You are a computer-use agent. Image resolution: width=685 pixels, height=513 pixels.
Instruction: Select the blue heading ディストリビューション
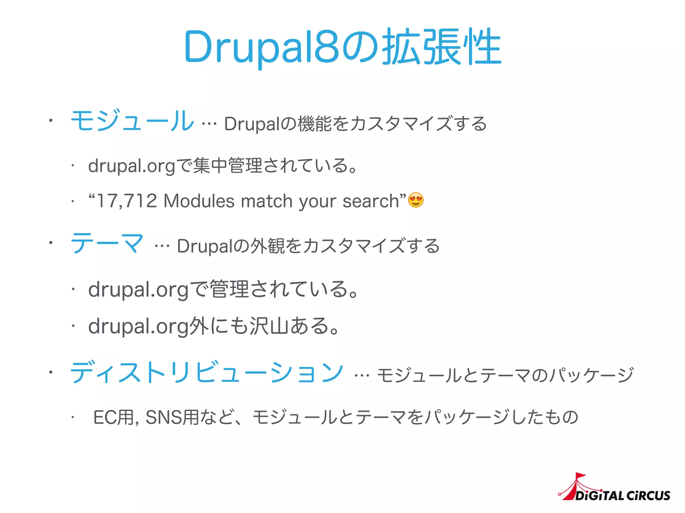[x=207, y=372]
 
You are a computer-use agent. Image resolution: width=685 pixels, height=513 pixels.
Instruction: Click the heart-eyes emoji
[x=416, y=200]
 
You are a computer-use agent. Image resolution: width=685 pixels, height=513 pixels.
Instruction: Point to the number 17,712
[x=127, y=201]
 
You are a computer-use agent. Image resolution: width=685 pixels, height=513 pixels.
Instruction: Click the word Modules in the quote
[x=199, y=201]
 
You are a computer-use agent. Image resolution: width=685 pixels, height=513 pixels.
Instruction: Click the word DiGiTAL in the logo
[x=599, y=496]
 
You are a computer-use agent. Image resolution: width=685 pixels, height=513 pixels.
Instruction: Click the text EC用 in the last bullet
[x=114, y=417]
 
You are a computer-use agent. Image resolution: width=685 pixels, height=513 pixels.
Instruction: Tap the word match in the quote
[x=267, y=201]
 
